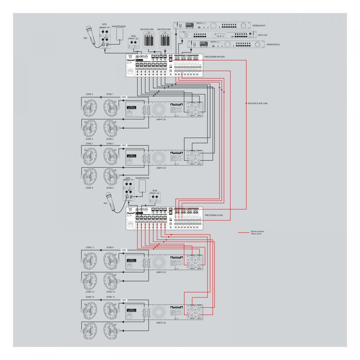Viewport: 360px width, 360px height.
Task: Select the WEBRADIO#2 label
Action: (x=273, y=45)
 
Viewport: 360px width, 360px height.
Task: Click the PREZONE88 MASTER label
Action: (x=214, y=56)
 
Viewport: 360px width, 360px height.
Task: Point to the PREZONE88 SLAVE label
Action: (x=213, y=215)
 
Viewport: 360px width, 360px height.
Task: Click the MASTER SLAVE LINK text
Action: (x=258, y=103)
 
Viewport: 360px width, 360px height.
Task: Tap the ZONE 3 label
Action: (x=89, y=94)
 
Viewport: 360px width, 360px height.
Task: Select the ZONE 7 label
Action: (x=89, y=144)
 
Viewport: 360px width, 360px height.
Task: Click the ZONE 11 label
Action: (x=90, y=247)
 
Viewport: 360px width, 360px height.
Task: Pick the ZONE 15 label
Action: (x=90, y=297)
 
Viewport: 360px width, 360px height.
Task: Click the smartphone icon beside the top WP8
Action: (x=120, y=34)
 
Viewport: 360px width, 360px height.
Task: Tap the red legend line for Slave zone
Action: (x=243, y=232)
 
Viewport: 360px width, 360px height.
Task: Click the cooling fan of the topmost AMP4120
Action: (x=160, y=109)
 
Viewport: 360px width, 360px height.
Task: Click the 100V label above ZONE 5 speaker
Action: (x=124, y=145)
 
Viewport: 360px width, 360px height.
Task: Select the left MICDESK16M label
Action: (x=147, y=29)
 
